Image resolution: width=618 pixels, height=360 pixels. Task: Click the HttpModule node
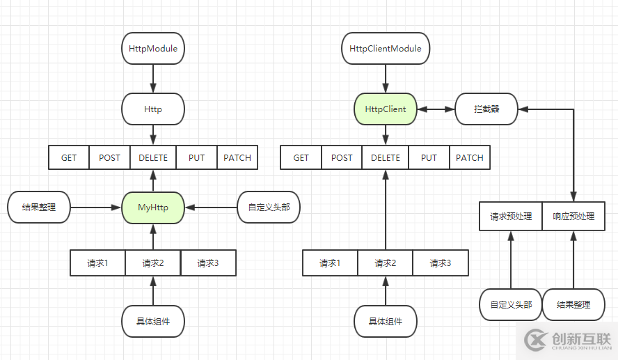pos(153,49)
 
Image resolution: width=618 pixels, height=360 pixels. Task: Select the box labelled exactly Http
pos(153,109)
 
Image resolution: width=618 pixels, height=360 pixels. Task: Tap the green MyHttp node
pos(153,208)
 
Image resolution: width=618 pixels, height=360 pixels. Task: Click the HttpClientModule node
pos(386,49)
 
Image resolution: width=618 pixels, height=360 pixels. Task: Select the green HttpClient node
pos(386,109)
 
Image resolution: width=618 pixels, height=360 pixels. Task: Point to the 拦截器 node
pos(486,109)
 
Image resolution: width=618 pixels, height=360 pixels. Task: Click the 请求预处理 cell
pos(511,217)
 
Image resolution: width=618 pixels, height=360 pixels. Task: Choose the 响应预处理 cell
pos(573,217)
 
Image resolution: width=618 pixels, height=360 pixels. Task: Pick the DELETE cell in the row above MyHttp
pos(153,157)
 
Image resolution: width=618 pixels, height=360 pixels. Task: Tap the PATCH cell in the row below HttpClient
pos(469,157)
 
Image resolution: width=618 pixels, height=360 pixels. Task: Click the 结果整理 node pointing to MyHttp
pos(39,208)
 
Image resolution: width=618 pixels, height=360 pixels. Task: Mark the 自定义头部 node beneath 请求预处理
pos(511,304)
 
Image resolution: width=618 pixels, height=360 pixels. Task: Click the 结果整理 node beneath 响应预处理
pos(573,304)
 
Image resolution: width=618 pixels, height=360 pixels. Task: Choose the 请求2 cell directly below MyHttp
pos(152,263)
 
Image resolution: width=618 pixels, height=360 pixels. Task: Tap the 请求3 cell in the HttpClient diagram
pos(440,263)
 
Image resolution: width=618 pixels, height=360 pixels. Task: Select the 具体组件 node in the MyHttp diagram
pos(153,321)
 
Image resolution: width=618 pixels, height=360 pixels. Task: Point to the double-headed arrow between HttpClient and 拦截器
pos(436,109)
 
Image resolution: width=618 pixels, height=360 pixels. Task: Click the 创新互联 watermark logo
pos(568,340)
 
